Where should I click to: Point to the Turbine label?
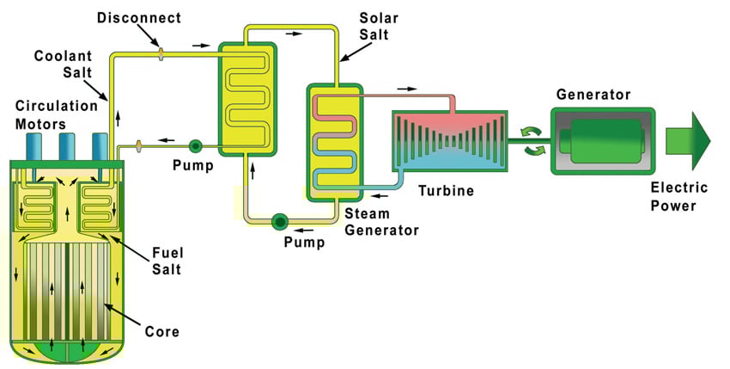(447, 191)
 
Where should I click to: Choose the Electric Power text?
(679, 196)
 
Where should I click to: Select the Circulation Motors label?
(51, 114)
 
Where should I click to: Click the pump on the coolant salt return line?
(195, 146)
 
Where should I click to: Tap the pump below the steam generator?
(280, 222)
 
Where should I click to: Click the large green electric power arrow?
(689, 142)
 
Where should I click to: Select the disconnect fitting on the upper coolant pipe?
(161, 54)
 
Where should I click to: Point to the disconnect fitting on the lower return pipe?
(137, 147)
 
